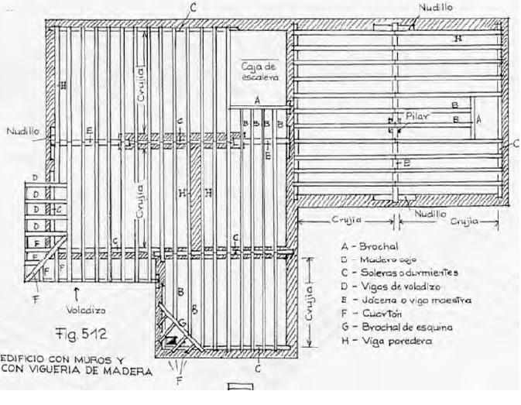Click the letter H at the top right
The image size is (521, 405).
(x=458, y=37)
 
